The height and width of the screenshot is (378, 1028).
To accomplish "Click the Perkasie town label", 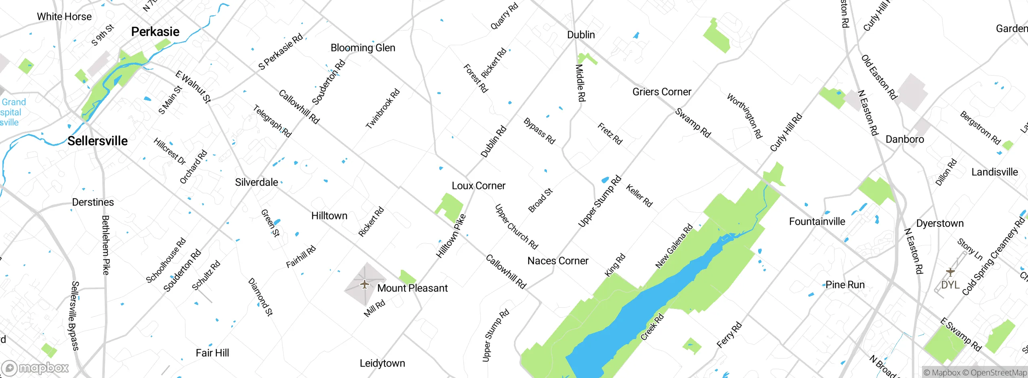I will pyautogui.click(x=155, y=32).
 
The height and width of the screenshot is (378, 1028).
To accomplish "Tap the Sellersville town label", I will pyautogui.click(x=98, y=141).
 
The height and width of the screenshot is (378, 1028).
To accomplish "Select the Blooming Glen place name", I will pyautogui.click(x=363, y=48).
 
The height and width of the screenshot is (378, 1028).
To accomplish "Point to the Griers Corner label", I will pyautogui.click(x=662, y=92).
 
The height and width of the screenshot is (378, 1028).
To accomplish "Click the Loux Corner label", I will pyautogui.click(x=478, y=186).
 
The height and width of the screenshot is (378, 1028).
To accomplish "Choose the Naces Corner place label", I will pyautogui.click(x=558, y=261).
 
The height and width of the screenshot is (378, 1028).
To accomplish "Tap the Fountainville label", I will pyautogui.click(x=817, y=222).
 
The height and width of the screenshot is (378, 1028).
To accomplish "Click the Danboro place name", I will pyautogui.click(x=905, y=140).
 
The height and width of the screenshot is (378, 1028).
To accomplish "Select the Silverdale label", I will pyautogui.click(x=257, y=183).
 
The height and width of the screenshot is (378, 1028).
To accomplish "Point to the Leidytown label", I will pyautogui.click(x=382, y=364).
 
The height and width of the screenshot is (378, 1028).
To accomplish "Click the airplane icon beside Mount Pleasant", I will pyautogui.click(x=365, y=285).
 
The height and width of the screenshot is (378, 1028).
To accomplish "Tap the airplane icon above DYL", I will pyautogui.click(x=950, y=272).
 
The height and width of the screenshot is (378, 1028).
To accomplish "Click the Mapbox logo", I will pyautogui.click(x=35, y=368).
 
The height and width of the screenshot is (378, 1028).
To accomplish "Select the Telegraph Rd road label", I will pyautogui.click(x=272, y=121).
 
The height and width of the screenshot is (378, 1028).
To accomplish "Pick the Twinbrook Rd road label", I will pyautogui.click(x=382, y=109).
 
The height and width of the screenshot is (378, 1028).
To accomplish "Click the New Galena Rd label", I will pyautogui.click(x=674, y=246).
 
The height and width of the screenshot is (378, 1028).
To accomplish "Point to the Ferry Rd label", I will pyautogui.click(x=729, y=335).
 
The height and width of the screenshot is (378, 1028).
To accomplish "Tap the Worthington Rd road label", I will pyautogui.click(x=744, y=116).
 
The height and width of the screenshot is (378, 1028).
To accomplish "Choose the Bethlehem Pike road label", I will pyautogui.click(x=106, y=245).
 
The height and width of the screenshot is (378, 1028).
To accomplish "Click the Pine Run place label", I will pyautogui.click(x=845, y=285).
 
